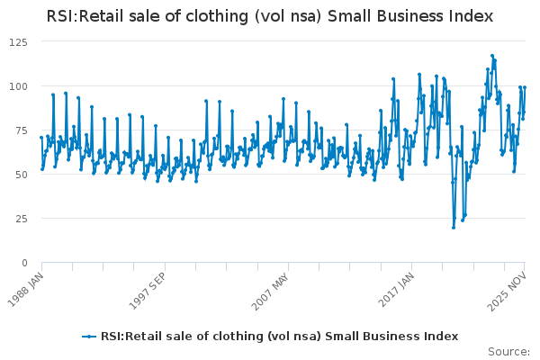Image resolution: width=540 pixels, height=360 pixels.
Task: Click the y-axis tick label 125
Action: (x=19, y=41)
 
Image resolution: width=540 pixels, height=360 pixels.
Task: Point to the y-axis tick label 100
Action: (x=19, y=86)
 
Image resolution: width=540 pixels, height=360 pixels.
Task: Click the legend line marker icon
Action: (x=89, y=336)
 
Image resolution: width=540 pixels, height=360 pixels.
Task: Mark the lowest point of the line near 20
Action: (x=454, y=227)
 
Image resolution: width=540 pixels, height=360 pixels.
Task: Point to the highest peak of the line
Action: (x=492, y=55)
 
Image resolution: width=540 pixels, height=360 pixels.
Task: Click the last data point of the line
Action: (x=525, y=87)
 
